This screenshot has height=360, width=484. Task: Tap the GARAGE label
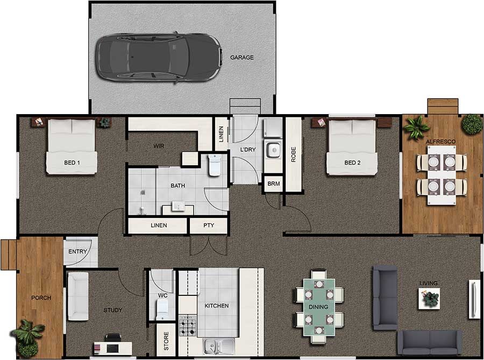[241, 58]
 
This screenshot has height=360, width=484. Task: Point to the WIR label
[158, 146]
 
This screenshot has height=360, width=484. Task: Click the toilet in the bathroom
[215, 165]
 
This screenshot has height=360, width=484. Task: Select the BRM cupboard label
[274, 184]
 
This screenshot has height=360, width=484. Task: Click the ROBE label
[294, 154]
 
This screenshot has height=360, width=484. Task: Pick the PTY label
[209, 225]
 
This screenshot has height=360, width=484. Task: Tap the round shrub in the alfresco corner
[472, 124]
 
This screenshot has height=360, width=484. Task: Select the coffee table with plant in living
[429, 298]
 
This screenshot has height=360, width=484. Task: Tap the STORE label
[166, 340]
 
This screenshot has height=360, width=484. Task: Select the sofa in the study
[77, 296]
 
